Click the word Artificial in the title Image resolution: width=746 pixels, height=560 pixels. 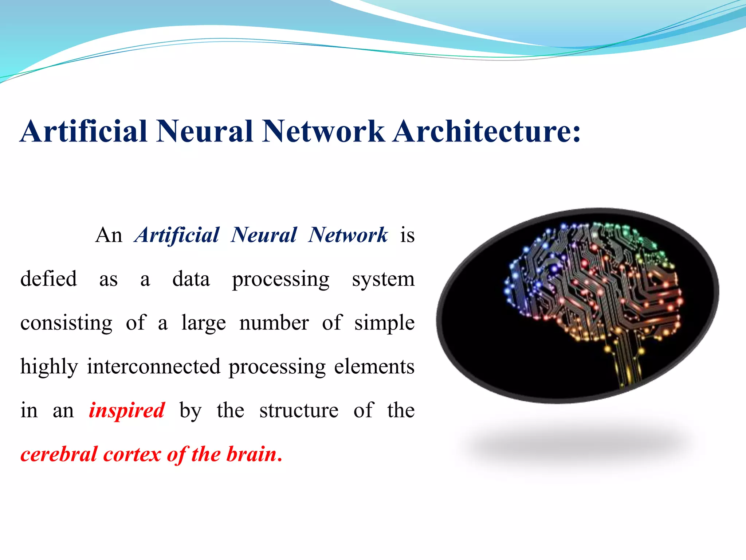(84, 131)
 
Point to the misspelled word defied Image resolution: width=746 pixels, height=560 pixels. (48, 279)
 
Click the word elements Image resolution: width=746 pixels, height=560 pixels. (374, 367)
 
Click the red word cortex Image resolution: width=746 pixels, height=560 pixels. (132, 455)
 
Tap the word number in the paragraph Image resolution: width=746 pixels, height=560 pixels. (274, 323)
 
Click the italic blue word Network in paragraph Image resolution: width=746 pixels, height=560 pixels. (348, 235)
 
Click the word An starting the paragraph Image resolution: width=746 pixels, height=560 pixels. (109, 235)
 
